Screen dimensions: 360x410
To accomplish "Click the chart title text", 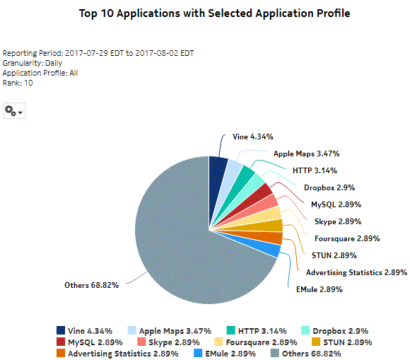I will pyautogui.click(x=214, y=13).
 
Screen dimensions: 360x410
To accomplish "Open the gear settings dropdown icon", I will pyautogui.click(x=13, y=110).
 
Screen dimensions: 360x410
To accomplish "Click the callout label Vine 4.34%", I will pyautogui.click(x=252, y=137).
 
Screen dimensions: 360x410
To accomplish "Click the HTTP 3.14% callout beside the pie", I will pyautogui.click(x=315, y=170).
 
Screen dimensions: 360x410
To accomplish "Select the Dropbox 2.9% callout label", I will pyautogui.click(x=329, y=187).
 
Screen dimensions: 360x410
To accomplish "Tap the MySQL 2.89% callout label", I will pyautogui.click(x=336, y=204).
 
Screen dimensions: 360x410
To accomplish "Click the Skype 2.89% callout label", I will pyautogui.click(x=339, y=221).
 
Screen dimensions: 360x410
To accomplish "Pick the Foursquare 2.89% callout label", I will pyautogui.click(x=347, y=238).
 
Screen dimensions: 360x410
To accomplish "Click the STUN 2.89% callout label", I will pyautogui.click(x=334, y=255).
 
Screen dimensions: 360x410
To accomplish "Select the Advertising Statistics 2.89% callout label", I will pyautogui.click(x=356, y=272).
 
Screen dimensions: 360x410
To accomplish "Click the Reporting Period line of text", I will pyautogui.click(x=98, y=53).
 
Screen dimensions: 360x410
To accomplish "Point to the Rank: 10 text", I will pyautogui.click(x=18, y=83).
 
